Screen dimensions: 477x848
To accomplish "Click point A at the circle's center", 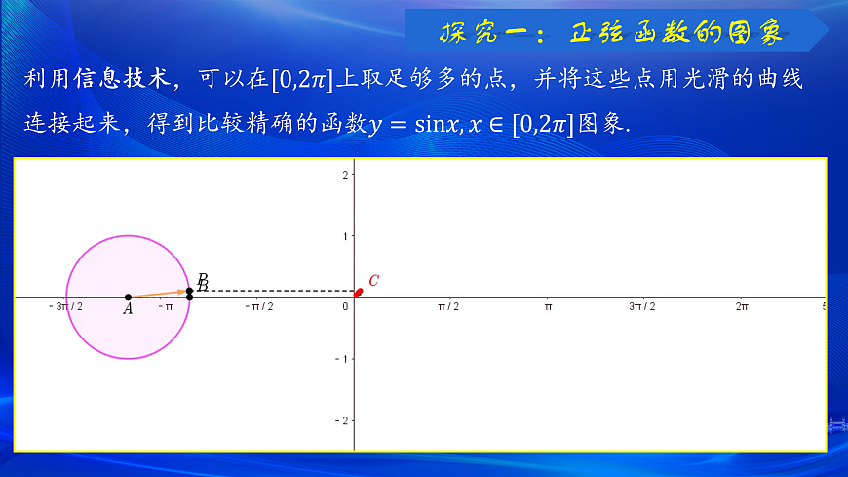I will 128,297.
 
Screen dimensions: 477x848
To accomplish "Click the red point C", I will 359,291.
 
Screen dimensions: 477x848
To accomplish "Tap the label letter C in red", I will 373,281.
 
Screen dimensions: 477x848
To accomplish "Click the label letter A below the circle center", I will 128,309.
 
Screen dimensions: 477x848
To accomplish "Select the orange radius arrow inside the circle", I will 158,293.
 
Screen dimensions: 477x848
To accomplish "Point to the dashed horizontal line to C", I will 273,290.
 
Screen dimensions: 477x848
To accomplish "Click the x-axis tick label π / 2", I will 447,306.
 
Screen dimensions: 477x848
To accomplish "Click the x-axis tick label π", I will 548,306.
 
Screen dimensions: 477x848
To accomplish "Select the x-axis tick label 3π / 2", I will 641,306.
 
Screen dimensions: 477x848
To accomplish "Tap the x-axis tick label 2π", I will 741,306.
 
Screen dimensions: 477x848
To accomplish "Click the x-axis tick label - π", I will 165,306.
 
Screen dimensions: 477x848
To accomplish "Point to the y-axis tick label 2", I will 344,175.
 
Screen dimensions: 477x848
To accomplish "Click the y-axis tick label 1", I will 344,236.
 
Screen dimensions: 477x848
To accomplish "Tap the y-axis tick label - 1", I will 341,359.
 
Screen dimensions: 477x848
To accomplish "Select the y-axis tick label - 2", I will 341,420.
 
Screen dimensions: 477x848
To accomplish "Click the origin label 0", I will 345,306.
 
